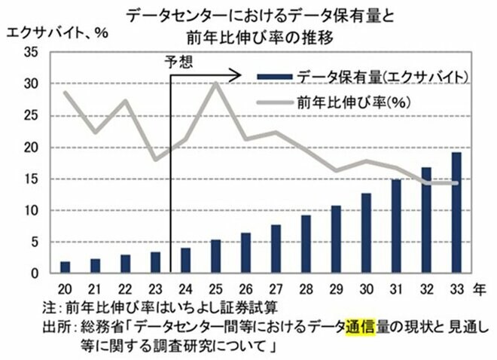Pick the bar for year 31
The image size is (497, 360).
[x=397, y=226]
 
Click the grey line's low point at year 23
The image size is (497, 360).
[x=155, y=160]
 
